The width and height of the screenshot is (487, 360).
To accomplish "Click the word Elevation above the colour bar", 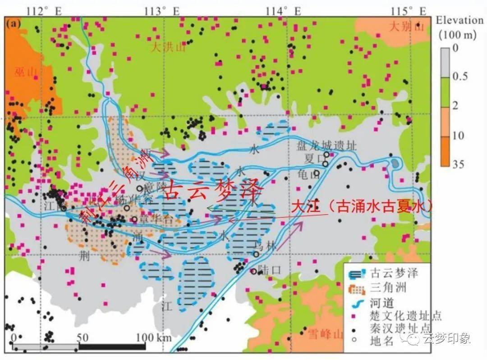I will [459, 20].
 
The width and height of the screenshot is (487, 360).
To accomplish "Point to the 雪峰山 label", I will [326, 334].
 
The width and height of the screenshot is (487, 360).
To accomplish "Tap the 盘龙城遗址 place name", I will [326, 146].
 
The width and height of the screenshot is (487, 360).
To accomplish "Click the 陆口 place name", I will [271, 271].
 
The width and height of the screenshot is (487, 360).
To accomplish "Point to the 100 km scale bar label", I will [152, 337].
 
